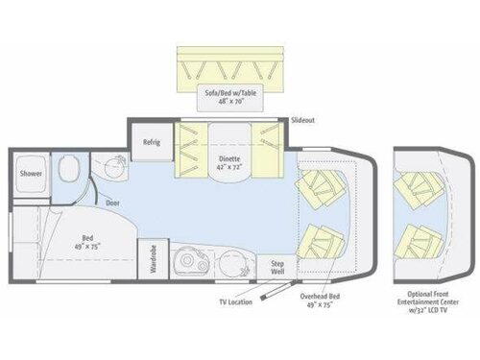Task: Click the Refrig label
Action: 151,143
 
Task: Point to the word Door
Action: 113,204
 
